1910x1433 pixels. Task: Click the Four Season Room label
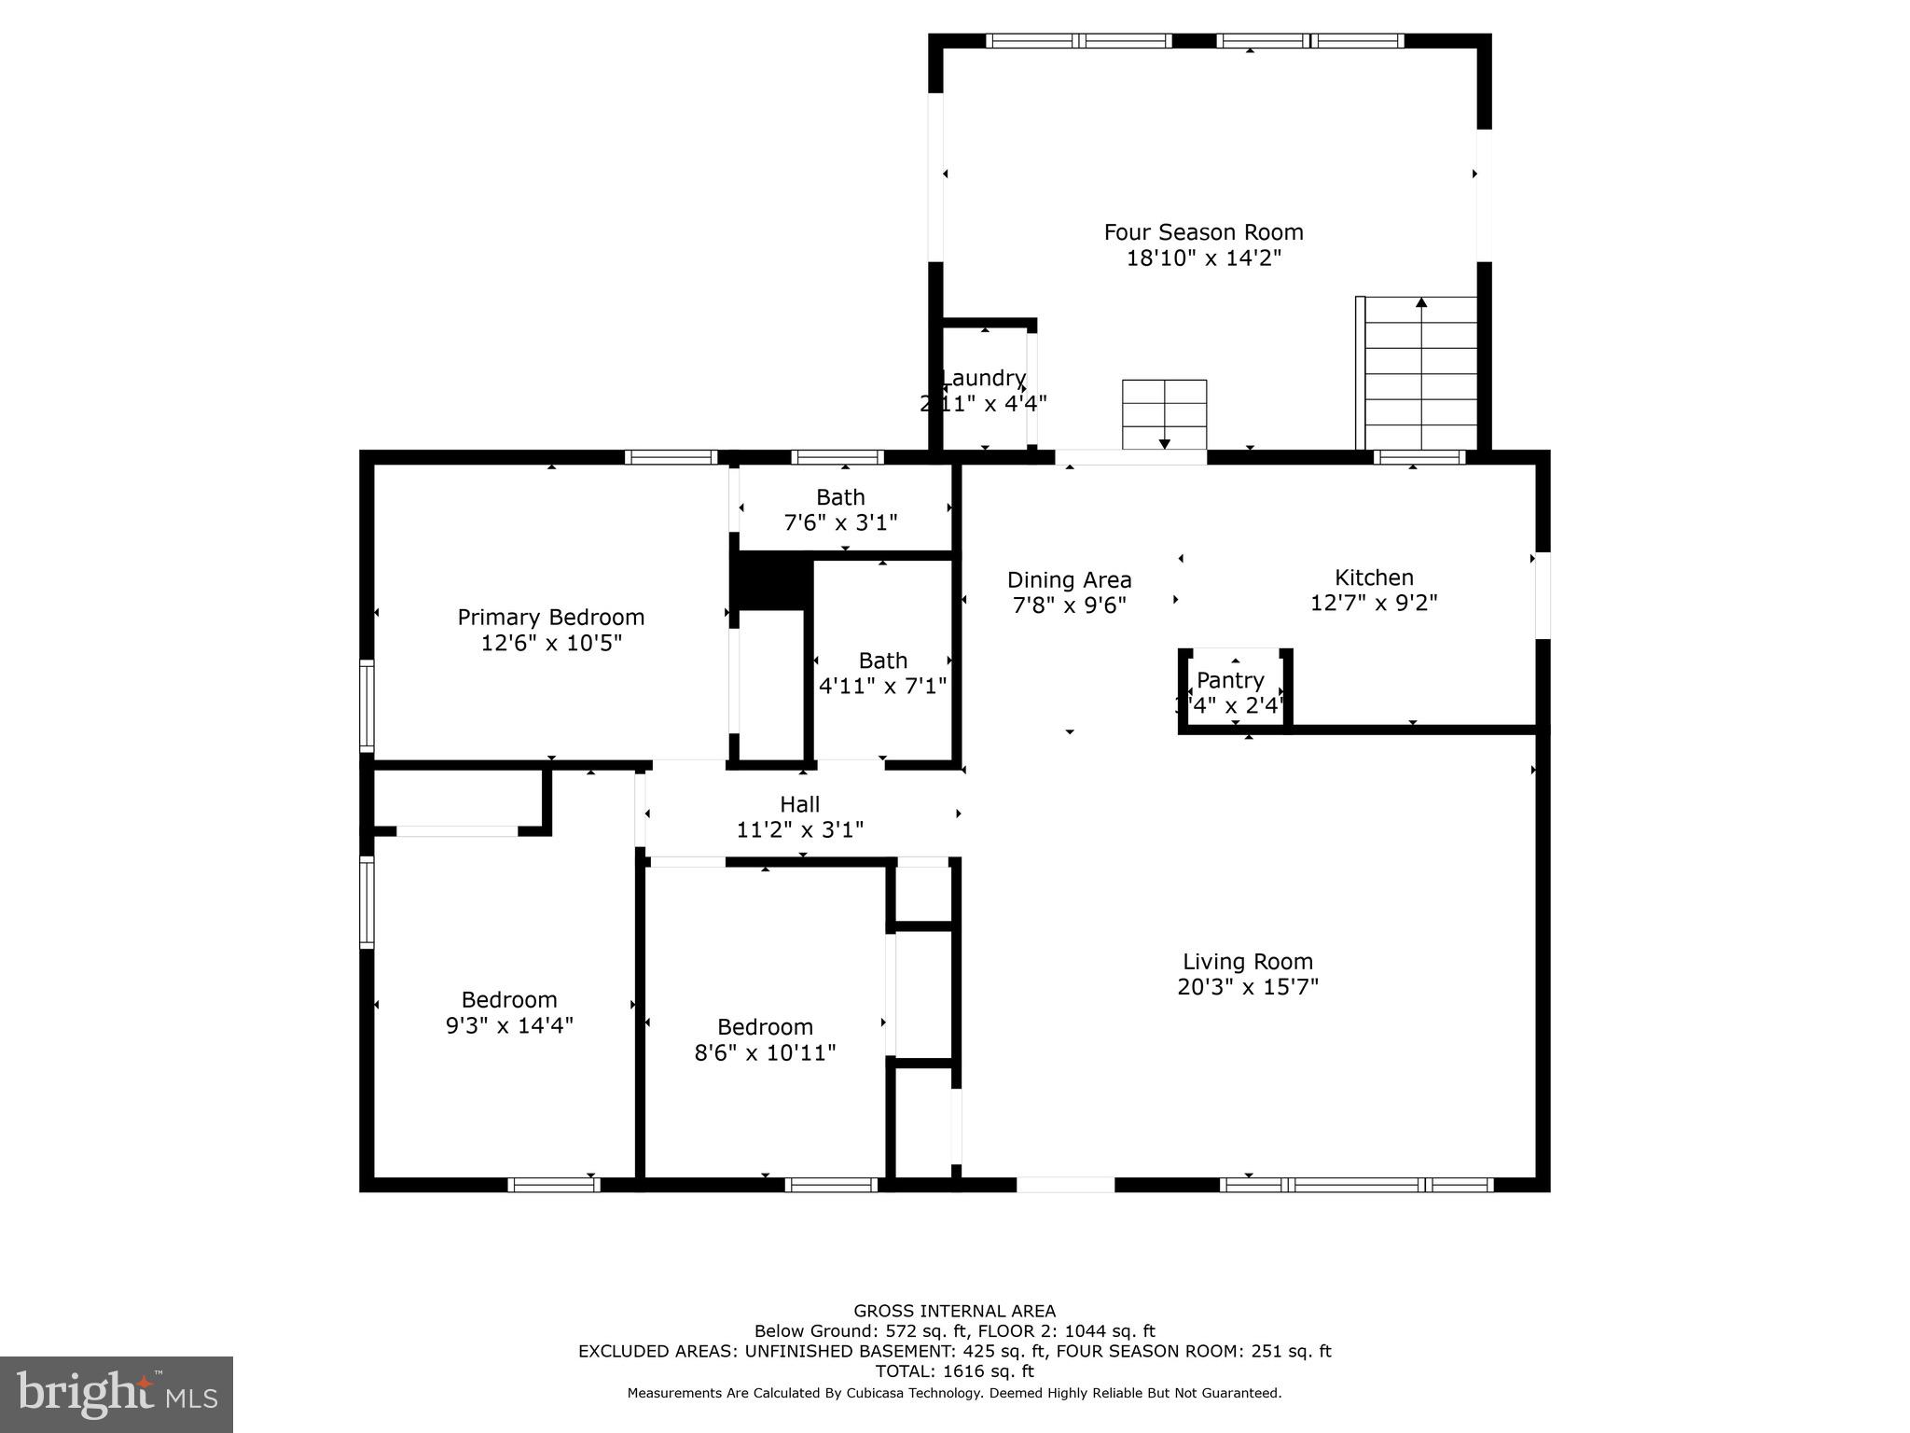coord(1203,232)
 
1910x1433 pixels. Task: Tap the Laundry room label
coord(983,379)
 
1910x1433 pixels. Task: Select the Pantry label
coord(1230,680)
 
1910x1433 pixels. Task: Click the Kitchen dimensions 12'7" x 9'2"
coord(1374,603)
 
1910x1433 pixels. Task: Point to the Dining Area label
coord(1069,580)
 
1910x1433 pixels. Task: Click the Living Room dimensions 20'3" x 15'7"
coord(1247,987)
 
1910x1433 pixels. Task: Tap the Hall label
coord(800,804)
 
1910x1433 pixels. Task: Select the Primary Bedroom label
coord(550,618)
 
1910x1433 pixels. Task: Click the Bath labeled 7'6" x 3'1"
coord(840,509)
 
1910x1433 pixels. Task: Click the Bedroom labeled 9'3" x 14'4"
coord(509,1012)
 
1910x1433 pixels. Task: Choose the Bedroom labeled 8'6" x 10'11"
coord(765,1039)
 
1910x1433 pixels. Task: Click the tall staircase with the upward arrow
coord(1420,373)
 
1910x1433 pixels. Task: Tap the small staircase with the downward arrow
coord(1164,414)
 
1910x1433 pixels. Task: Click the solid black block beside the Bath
coord(770,580)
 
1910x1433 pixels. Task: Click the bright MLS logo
coord(116,1394)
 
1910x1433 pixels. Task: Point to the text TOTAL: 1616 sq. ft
coord(954,1371)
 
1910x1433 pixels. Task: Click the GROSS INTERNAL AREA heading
coord(954,1311)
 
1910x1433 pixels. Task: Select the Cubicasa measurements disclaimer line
coord(954,1393)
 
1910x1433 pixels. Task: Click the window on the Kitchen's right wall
coord(1543,595)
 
